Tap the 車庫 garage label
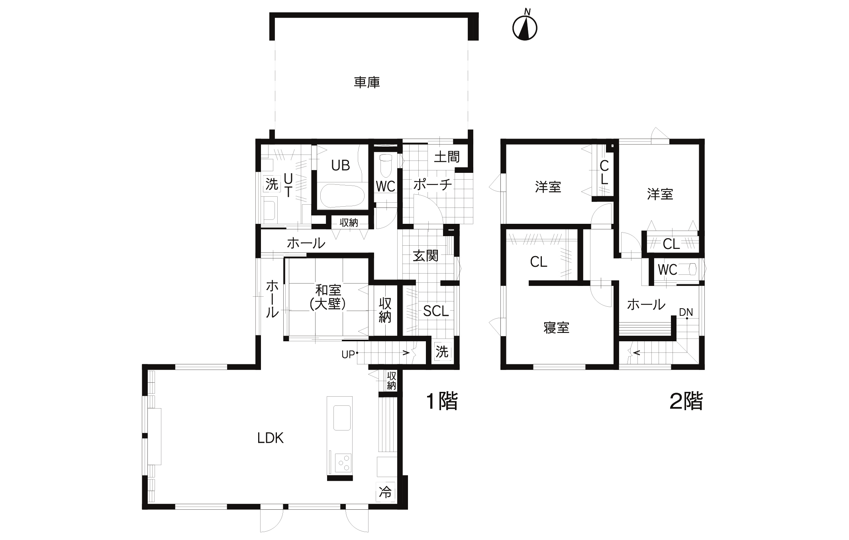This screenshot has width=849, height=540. pos(367,82)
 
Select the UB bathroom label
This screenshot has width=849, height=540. pos(341,165)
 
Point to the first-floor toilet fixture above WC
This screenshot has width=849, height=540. pos(386,166)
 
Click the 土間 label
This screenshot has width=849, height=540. pos(447,157)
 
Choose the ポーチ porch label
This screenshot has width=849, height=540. pos(433,184)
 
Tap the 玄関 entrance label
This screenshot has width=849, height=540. pos(425,256)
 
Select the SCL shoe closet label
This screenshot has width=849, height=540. pos(436,311)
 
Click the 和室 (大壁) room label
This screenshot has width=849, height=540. pos(328,297)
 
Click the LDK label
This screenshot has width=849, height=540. pos(270,438)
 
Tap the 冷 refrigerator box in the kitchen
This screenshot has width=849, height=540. pos(385,492)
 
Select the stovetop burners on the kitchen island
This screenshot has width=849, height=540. pos(343,463)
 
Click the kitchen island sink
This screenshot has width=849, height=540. pos(342,418)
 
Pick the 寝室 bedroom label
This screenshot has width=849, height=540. pos(557,328)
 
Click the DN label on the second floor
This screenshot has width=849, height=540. pos(686,313)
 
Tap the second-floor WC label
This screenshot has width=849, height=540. pos(667,270)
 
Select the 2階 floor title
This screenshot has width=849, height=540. pos(686,401)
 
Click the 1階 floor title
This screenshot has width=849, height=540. pos(442,401)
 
